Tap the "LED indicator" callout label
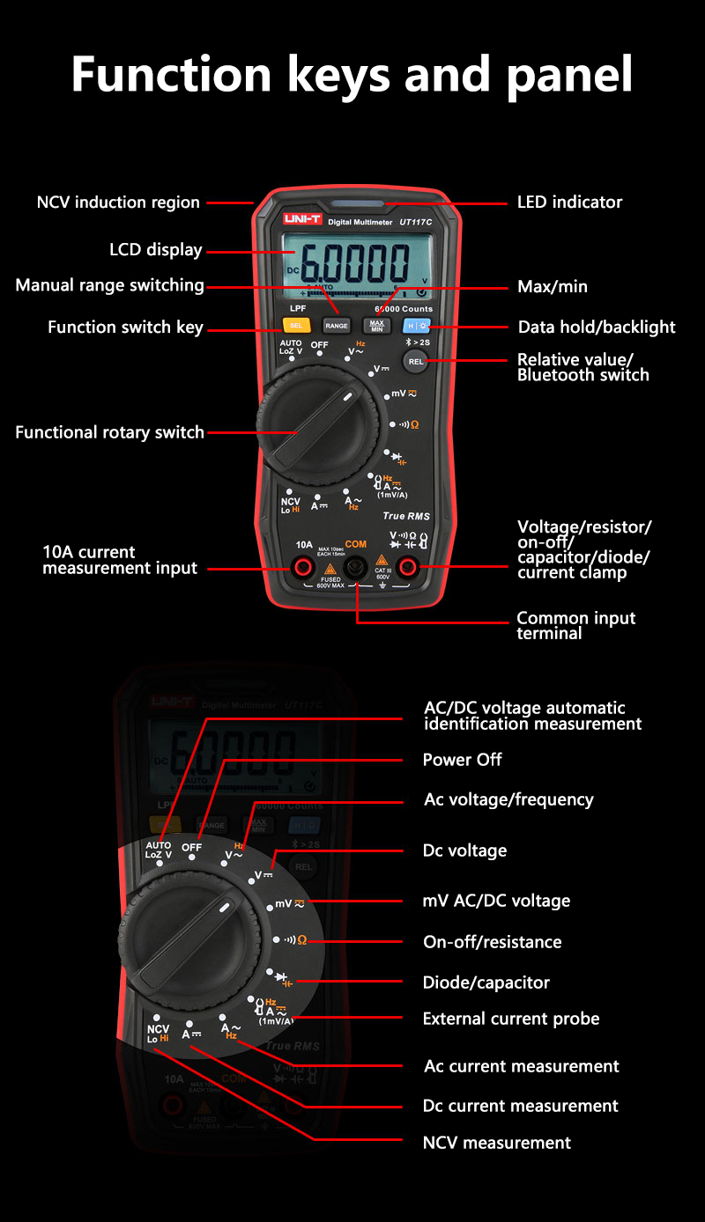569,202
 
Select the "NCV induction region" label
118,202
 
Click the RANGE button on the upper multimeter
337,326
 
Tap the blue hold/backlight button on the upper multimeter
416,326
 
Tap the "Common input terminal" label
575,625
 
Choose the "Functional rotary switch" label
109,432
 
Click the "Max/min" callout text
552,287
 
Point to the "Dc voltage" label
464,850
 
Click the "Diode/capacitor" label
486,983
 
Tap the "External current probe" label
510,1019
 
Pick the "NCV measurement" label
496,1143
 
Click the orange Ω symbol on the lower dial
302,940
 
